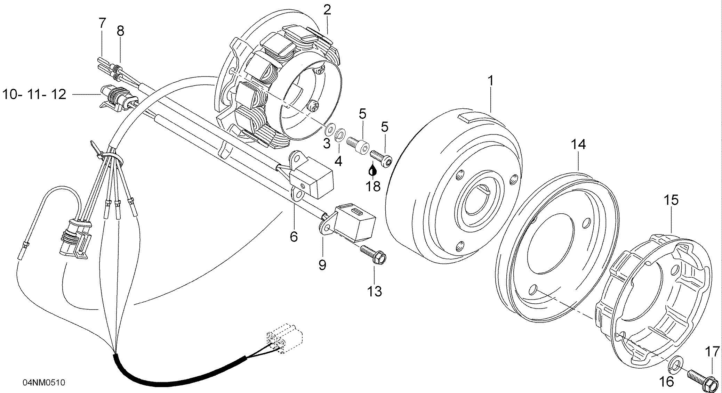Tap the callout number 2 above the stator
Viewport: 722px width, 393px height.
(327, 10)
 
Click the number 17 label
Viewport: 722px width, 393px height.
(712, 352)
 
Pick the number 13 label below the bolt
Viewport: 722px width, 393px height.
(374, 291)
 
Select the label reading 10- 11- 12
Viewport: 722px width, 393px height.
(34, 94)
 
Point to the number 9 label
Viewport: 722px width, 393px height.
(322, 265)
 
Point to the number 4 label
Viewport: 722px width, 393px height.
(338, 161)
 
